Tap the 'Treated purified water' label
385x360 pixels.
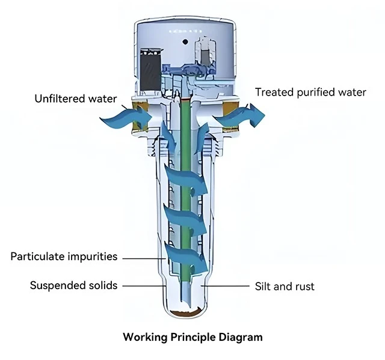[310, 92]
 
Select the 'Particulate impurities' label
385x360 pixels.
[64, 257]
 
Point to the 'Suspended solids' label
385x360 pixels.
[74, 285]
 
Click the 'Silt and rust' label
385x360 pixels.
[285, 286]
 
